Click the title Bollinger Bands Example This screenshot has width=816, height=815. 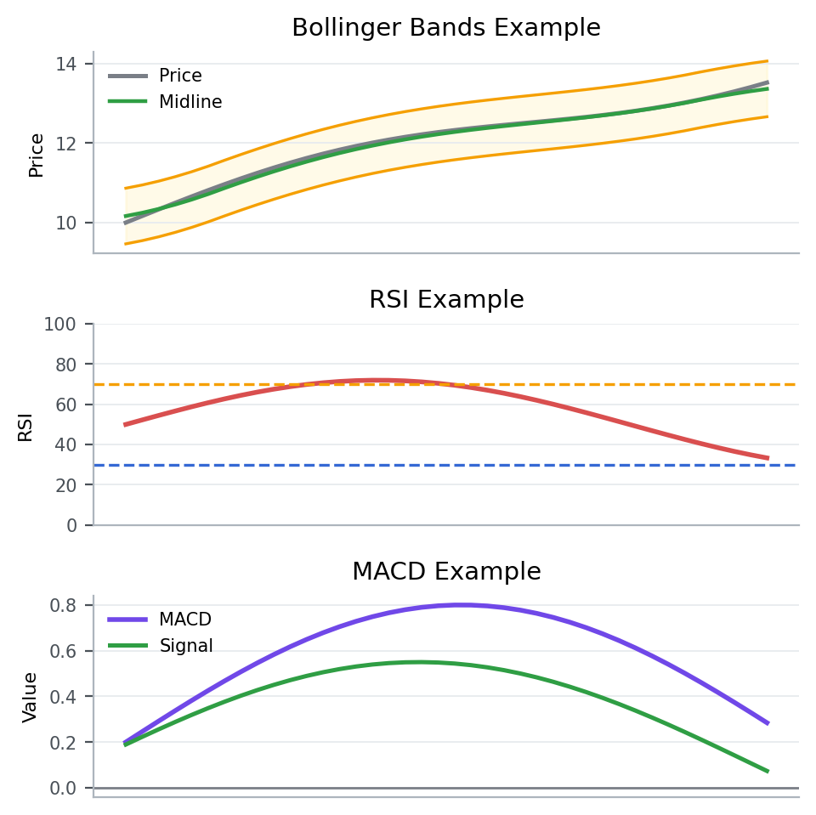click(x=446, y=28)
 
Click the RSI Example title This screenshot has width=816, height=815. click(x=446, y=300)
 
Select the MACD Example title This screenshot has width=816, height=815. click(x=446, y=572)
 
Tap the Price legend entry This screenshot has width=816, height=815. click(x=180, y=76)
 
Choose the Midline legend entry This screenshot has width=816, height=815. click(x=190, y=102)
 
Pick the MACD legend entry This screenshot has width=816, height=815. click(x=185, y=619)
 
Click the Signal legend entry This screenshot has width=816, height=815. click(x=186, y=646)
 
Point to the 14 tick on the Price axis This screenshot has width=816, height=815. click(x=66, y=64)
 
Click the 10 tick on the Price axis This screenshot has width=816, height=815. click(x=66, y=223)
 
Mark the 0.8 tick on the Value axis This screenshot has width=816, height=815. click(x=63, y=606)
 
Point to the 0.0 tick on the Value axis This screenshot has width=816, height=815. click(x=63, y=788)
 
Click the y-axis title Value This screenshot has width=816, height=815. click(x=31, y=697)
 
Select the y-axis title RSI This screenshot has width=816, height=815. click(x=25, y=426)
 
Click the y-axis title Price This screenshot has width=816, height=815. click(x=36, y=155)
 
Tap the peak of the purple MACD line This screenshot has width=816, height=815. click(x=461, y=605)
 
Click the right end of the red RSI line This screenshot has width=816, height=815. click(x=768, y=458)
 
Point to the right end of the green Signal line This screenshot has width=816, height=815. click(x=768, y=772)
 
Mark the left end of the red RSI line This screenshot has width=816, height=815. click(x=126, y=424)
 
